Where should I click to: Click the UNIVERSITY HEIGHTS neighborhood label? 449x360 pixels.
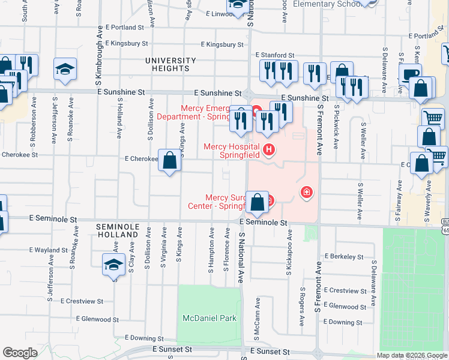tap(170, 64)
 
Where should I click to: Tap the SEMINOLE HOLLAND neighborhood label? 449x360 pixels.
tap(118, 230)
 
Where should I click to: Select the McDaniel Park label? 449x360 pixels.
tap(210, 318)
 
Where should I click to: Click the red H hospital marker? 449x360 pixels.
tap(269, 148)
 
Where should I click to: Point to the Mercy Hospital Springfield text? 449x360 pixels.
tap(232, 150)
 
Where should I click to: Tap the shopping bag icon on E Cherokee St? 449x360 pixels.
tap(170, 160)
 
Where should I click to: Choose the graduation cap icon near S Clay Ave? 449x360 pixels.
tap(113, 265)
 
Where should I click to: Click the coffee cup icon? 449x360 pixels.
tap(411, 75)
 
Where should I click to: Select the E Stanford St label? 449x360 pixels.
tap(274, 55)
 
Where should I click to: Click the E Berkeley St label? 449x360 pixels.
tap(343, 256)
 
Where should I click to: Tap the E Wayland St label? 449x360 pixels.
tap(48, 250)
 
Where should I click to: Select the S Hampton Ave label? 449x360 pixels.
tap(212, 250)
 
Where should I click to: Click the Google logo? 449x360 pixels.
tap(20, 353)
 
